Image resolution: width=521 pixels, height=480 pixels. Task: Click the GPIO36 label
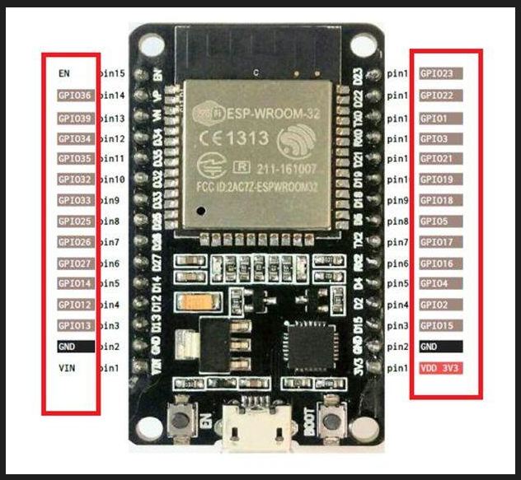(76, 96)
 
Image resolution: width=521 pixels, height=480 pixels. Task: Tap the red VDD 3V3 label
(439, 367)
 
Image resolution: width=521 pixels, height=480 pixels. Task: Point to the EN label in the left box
(64, 73)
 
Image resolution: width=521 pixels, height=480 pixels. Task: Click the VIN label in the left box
(67, 368)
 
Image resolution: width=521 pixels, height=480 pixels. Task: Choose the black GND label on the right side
(429, 347)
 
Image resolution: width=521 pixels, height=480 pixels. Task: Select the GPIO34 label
(76, 137)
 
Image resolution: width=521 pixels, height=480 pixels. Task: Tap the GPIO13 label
(76, 326)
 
